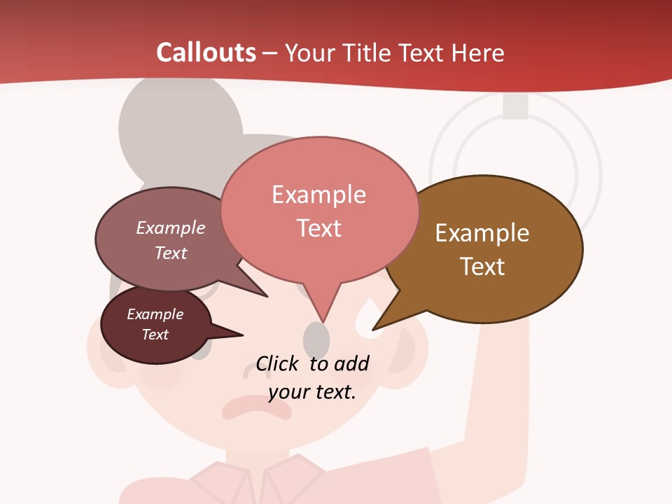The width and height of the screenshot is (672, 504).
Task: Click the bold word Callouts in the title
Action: tap(206, 52)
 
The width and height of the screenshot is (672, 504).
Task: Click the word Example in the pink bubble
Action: tap(318, 195)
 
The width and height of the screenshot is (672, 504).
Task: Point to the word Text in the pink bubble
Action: tap(318, 228)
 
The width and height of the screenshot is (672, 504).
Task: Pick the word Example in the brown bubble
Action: tap(482, 233)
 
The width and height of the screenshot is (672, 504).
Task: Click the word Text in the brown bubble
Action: tap(482, 267)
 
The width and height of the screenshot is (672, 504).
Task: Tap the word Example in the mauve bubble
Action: tap(171, 228)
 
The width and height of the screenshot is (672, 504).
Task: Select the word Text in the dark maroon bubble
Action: tap(155, 335)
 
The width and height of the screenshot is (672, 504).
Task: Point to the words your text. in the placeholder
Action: tap(312, 392)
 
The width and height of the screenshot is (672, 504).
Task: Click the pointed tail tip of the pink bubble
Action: tap(324, 321)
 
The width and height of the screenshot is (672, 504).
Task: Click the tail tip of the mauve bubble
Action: tap(266, 296)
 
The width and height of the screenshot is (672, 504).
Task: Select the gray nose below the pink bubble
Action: tap(316, 339)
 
